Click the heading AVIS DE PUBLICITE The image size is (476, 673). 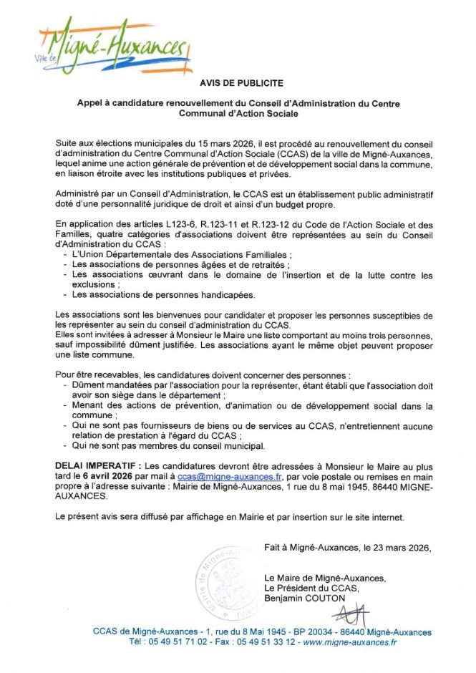(238, 84)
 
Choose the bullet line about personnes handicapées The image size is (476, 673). (164, 294)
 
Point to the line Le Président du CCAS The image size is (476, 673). (311, 588)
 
